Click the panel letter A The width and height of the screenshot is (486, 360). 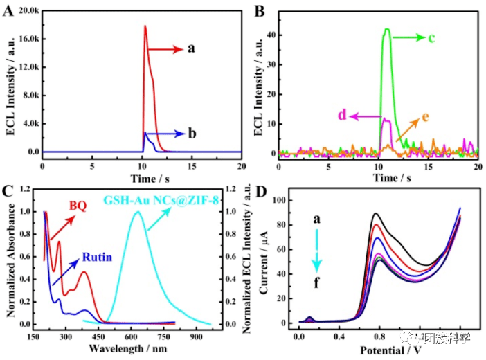[x=9, y=10]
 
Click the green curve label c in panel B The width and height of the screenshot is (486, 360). [x=431, y=37]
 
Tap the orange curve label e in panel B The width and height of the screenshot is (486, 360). [x=424, y=116]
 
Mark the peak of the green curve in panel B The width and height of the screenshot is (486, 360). [x=387, y=29]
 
